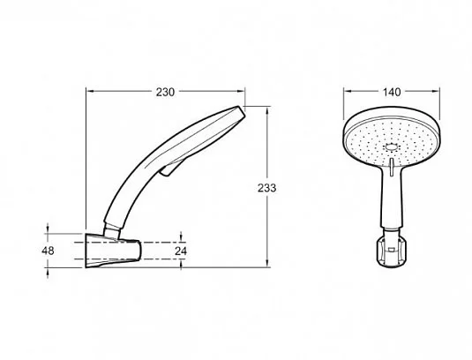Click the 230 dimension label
[x=165, y=92]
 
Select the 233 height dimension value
[x=266, y=188]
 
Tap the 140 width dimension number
[x=392, y=92]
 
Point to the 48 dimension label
[x=48, y=251]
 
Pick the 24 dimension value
[x=181, y=251]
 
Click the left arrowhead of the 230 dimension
[x=90, y=91]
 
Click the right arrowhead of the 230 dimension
[x=241, y=91]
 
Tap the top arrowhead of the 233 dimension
[x=267, y=110]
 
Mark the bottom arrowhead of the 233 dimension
[x=267, y=263]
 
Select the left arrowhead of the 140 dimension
[x=348, y=91]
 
